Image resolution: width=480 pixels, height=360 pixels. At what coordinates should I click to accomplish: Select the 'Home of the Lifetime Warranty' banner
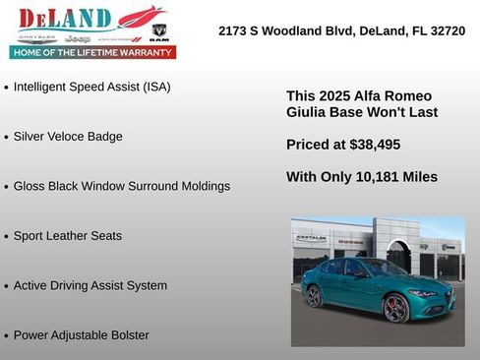point(92,52)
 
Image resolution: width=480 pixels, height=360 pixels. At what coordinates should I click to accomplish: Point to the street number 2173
point(233,31)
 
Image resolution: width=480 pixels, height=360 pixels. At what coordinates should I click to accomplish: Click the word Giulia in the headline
point(307,112)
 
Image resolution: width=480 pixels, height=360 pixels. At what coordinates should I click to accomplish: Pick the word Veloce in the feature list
point(72,137)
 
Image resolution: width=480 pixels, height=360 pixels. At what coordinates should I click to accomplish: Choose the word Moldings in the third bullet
point(202,186)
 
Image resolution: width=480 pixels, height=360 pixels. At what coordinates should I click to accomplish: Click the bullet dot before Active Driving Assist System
point(7,286)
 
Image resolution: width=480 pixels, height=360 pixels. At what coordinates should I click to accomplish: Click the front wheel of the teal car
point(395,308)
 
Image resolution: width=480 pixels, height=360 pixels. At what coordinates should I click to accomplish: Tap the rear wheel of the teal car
point(315,296)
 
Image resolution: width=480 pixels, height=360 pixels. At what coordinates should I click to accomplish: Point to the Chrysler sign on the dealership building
point(312,238)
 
